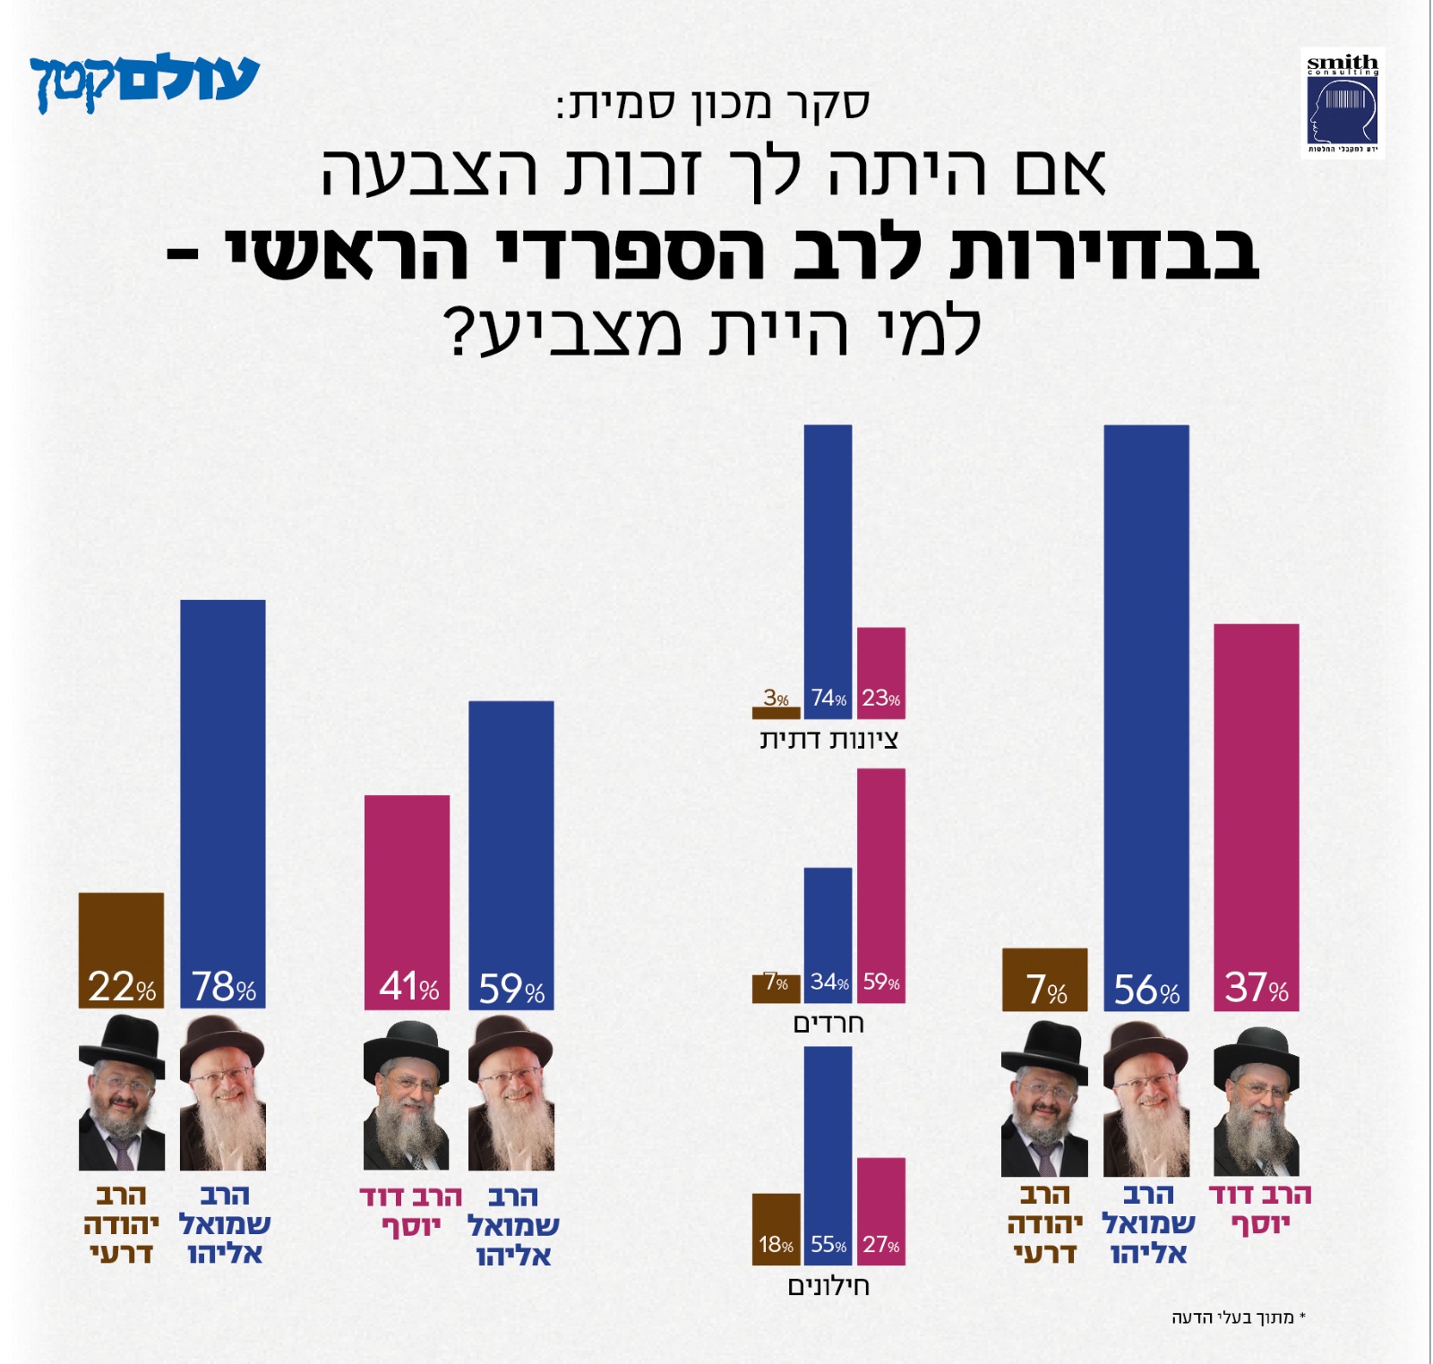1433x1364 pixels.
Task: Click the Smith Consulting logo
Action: tap(1342, 103)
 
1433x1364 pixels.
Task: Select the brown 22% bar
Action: tap(121, 949)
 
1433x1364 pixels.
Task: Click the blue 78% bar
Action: tap(223, 802)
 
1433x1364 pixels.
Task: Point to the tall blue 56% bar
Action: tap(1146, 716)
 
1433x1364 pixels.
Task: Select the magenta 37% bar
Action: tap(1256, 816)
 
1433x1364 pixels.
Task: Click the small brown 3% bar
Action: tap(776, 713)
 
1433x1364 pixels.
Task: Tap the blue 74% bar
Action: tap(828, 570)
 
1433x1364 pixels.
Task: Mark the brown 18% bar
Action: tap(776, 1228)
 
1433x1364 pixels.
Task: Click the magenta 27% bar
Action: tap(881, 1210)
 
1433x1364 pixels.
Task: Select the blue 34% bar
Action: tap(828, 934)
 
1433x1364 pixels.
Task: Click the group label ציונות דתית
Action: tap(828, 740)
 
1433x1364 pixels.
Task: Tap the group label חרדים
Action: tap(828, 1023)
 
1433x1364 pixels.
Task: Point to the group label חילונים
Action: tap(828, 1286)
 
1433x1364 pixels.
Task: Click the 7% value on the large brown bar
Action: tap(1046, 990)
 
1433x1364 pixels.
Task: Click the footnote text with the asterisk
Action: tap(1239, 1317)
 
